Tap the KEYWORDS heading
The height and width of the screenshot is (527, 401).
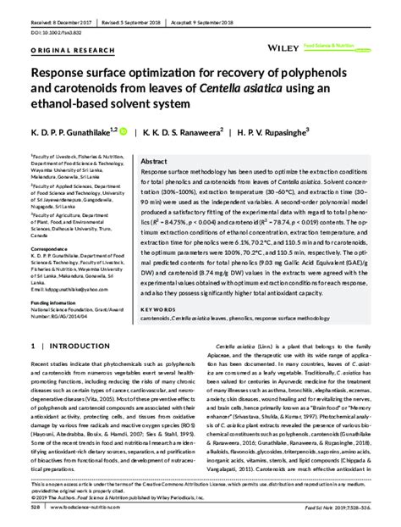click(x=157, y=310)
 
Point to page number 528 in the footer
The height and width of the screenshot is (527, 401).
click(x=35, y=511)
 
